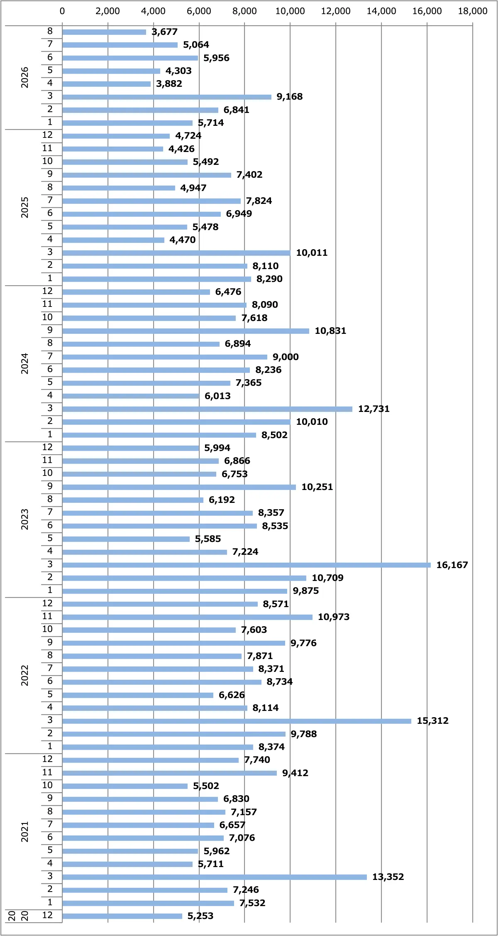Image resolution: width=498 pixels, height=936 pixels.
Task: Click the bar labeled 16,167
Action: (247, 565)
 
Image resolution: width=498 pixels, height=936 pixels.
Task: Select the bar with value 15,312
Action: (237, 721)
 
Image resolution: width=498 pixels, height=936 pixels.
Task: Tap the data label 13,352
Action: (388, 877)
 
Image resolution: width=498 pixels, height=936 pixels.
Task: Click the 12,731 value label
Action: (374, 409)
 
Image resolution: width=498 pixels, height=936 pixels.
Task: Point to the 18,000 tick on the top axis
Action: (473, 11)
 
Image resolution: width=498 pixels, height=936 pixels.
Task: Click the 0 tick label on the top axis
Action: (62, 11)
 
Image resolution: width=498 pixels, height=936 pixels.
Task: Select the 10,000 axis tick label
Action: (290, 11)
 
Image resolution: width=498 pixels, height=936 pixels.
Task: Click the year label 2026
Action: (25, 77)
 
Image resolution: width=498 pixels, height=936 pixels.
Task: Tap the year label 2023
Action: (25, 519)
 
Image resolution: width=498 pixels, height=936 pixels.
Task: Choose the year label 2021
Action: (25, 831)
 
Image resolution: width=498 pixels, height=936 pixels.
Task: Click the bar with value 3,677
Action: (104, 32)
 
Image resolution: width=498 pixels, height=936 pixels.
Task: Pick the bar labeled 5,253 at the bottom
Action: (122, 916)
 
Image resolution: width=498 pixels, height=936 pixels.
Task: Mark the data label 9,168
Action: (290, 96)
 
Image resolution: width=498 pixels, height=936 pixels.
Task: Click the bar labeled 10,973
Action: (187, 617)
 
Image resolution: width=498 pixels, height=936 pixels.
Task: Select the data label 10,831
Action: (330, 331)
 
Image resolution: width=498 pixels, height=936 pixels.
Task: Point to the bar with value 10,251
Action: (179, 487)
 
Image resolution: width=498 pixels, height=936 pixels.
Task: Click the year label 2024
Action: (25, 363)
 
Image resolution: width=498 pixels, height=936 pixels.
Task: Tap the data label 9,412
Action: (295, 773)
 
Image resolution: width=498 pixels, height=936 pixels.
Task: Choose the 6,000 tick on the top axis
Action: (199, 11)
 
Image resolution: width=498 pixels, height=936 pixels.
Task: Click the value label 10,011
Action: (312, 252)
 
